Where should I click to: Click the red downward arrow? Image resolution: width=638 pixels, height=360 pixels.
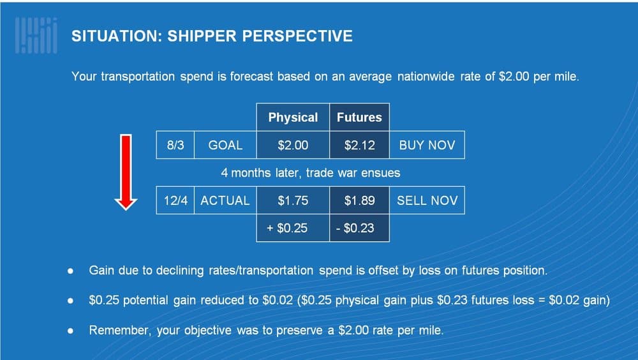[x=126, y=172]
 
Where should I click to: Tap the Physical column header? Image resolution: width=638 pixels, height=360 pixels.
[x=293, y=117]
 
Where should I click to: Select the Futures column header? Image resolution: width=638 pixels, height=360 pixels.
[x=359, y=117]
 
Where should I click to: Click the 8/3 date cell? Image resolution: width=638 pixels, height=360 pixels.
[x=175, y=145]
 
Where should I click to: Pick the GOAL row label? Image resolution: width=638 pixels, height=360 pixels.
[x=225, y=145]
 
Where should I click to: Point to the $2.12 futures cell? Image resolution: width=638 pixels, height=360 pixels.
[x=359, y=145]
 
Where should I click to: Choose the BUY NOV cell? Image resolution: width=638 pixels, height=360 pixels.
[x=427, y=145]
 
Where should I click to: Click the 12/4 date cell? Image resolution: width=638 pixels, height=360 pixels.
[x=175, y=200]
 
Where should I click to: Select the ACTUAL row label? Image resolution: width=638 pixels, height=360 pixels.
[x=225, y=200]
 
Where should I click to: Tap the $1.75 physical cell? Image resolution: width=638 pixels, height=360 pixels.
[x=293, y=200]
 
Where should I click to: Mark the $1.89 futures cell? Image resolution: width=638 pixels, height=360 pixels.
[x=359, y=200]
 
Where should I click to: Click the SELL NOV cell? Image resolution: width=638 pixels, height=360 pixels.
[x=427, y=200]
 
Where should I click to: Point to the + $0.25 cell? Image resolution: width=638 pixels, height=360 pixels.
[x=293, y=228]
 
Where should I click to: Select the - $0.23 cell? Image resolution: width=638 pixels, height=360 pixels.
[x=359, y=228]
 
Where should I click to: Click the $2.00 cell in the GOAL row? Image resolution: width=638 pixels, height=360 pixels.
[x=293, y=145]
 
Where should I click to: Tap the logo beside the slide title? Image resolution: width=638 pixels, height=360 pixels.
[x=36, y=36]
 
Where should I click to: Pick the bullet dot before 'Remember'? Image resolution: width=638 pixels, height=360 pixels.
[x=70, y=331]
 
